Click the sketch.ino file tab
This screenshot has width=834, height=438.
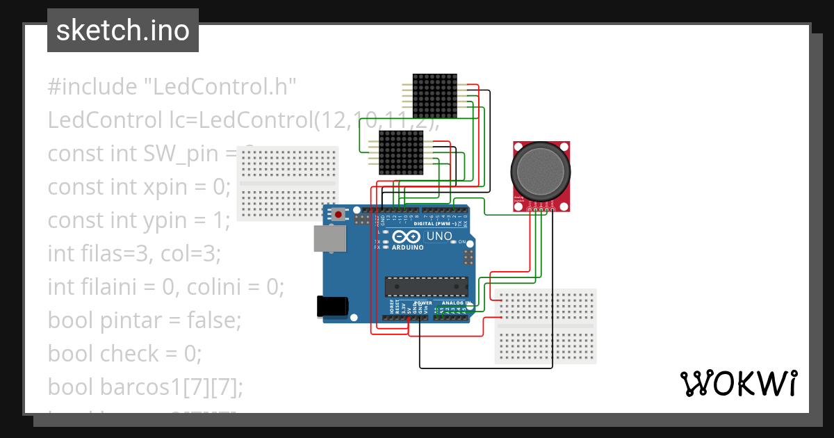click(x=122, y=31)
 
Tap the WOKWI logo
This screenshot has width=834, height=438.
click(x=737, y=383)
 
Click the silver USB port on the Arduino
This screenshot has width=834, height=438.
click(x=329, y=238)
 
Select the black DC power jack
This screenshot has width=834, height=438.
click(x=331, y=307)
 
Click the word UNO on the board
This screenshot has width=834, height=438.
click(x=439, y=236)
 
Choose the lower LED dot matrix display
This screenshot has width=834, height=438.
click(x=401, y=152)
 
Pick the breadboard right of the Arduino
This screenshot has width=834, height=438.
click(x=546, y=326)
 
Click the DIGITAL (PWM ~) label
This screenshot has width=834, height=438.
click(x=435, y=224)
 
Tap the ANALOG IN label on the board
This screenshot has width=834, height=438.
click(x=453, y=303)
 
